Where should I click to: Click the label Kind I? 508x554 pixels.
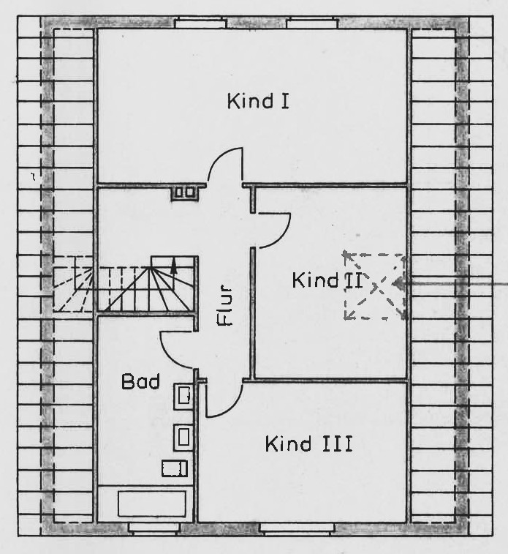[x=258, y=101]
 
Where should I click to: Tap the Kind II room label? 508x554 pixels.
[x=327, y=280]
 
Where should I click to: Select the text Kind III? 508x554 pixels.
[x=308, y=443]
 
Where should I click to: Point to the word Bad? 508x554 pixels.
[x=140, y=381]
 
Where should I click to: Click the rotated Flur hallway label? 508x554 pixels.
[x=224, y=305]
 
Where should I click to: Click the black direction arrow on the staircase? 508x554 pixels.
[x=173, y=266]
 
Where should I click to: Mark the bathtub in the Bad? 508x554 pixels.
[x=152, y=504]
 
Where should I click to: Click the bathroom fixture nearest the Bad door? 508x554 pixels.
[x=183, y=396]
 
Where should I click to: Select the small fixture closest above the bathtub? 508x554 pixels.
[x=174, y=468]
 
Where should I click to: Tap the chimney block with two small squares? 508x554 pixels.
[x=184, y=192]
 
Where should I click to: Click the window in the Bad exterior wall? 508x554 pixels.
[x=153, y=528]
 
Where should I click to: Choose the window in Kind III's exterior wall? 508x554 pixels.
[x=297, y=528]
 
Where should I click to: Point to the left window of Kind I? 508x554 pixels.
[x=200, y=23]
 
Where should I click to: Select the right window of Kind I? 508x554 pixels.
[x=312, y=23]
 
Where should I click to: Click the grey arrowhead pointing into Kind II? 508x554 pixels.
[x=398, y=283]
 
